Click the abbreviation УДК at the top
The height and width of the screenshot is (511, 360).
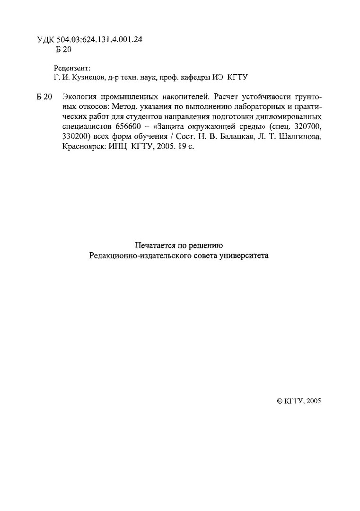(45, 40)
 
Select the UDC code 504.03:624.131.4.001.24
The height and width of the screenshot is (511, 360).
(99, 40)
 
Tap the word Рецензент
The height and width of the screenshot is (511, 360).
(71, 68)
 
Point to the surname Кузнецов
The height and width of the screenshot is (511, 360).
(87, 77)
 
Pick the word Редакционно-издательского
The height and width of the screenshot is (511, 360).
(139, 256)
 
